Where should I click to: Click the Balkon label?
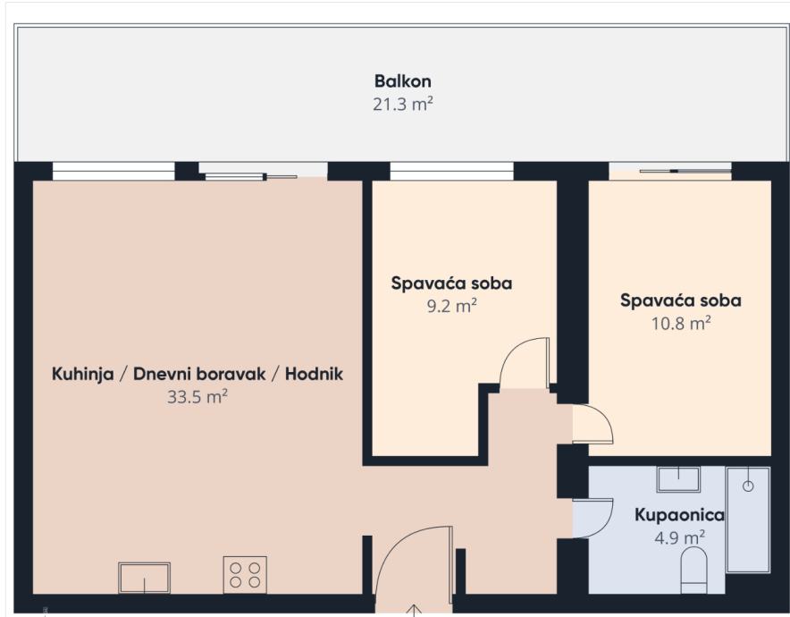click(x=402, y=81)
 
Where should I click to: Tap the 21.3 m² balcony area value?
click(x=402, y=105)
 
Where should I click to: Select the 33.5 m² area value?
click(x=197, y=397)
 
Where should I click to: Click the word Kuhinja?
click(x=82, y=375)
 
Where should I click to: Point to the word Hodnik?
click(x=314, y=374)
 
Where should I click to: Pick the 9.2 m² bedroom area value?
click(x=451, y=306)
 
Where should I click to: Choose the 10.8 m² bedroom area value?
click(x=681, y=323)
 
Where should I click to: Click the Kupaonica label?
click(x=679, y=515)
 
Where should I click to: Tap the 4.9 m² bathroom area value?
click(x=679, y=537)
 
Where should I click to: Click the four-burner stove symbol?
click(x=245, y=575)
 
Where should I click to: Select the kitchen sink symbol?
click(x=144, y=579)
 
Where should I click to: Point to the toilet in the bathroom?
click(x=693, y=571)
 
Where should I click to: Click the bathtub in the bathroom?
click(x=748, y=520)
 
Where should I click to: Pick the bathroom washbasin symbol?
click(x=678, y=479)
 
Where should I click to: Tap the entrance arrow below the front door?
click(x=414, y=610)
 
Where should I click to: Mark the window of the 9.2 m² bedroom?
click(x=452, y=172)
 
